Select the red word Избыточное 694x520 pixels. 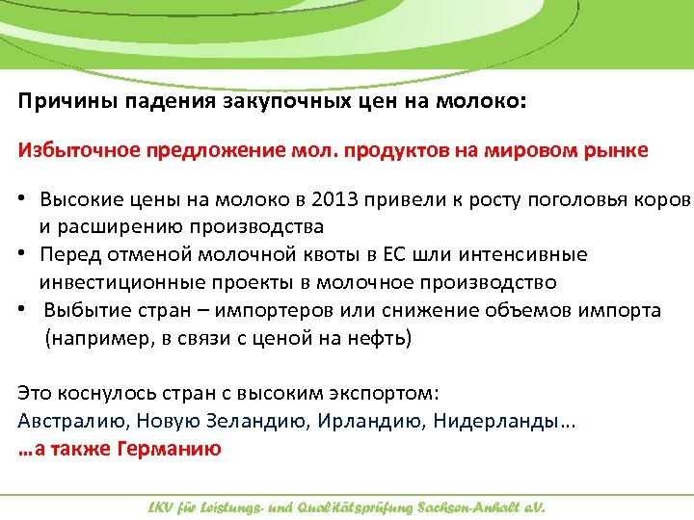78,150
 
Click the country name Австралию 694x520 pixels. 71,421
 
